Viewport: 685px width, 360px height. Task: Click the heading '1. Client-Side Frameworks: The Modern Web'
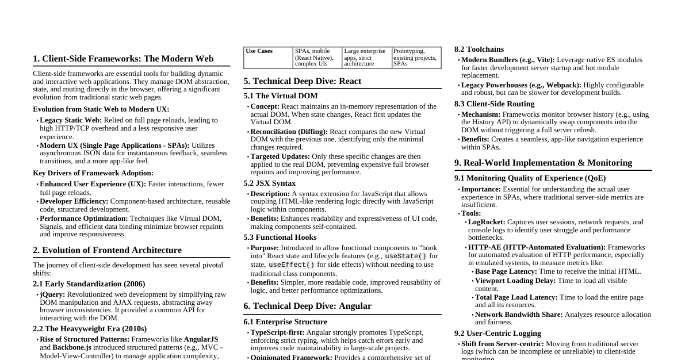123,59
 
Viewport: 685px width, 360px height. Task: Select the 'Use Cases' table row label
259,51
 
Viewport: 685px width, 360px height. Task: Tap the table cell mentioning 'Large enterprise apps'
366,58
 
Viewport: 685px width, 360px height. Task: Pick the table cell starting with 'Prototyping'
415,58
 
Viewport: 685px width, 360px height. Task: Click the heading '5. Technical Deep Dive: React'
302,81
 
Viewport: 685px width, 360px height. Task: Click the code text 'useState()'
405,256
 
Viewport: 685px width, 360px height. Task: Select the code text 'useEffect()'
292,265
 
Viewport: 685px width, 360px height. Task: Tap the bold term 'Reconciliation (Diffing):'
289,132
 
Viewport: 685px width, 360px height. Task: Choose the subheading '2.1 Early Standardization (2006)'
89,284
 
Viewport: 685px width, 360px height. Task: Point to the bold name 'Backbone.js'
72,348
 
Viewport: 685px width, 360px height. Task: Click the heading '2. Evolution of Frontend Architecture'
108,250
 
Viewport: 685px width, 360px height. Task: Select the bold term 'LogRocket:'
487,222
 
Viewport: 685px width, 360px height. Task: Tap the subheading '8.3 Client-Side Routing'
495,104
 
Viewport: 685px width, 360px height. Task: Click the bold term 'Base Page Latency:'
506,271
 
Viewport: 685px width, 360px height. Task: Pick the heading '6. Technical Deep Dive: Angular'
307,306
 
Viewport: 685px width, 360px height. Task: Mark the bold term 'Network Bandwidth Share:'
519,315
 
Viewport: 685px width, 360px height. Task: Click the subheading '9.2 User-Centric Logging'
498,334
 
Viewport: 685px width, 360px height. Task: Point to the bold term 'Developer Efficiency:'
74,201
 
